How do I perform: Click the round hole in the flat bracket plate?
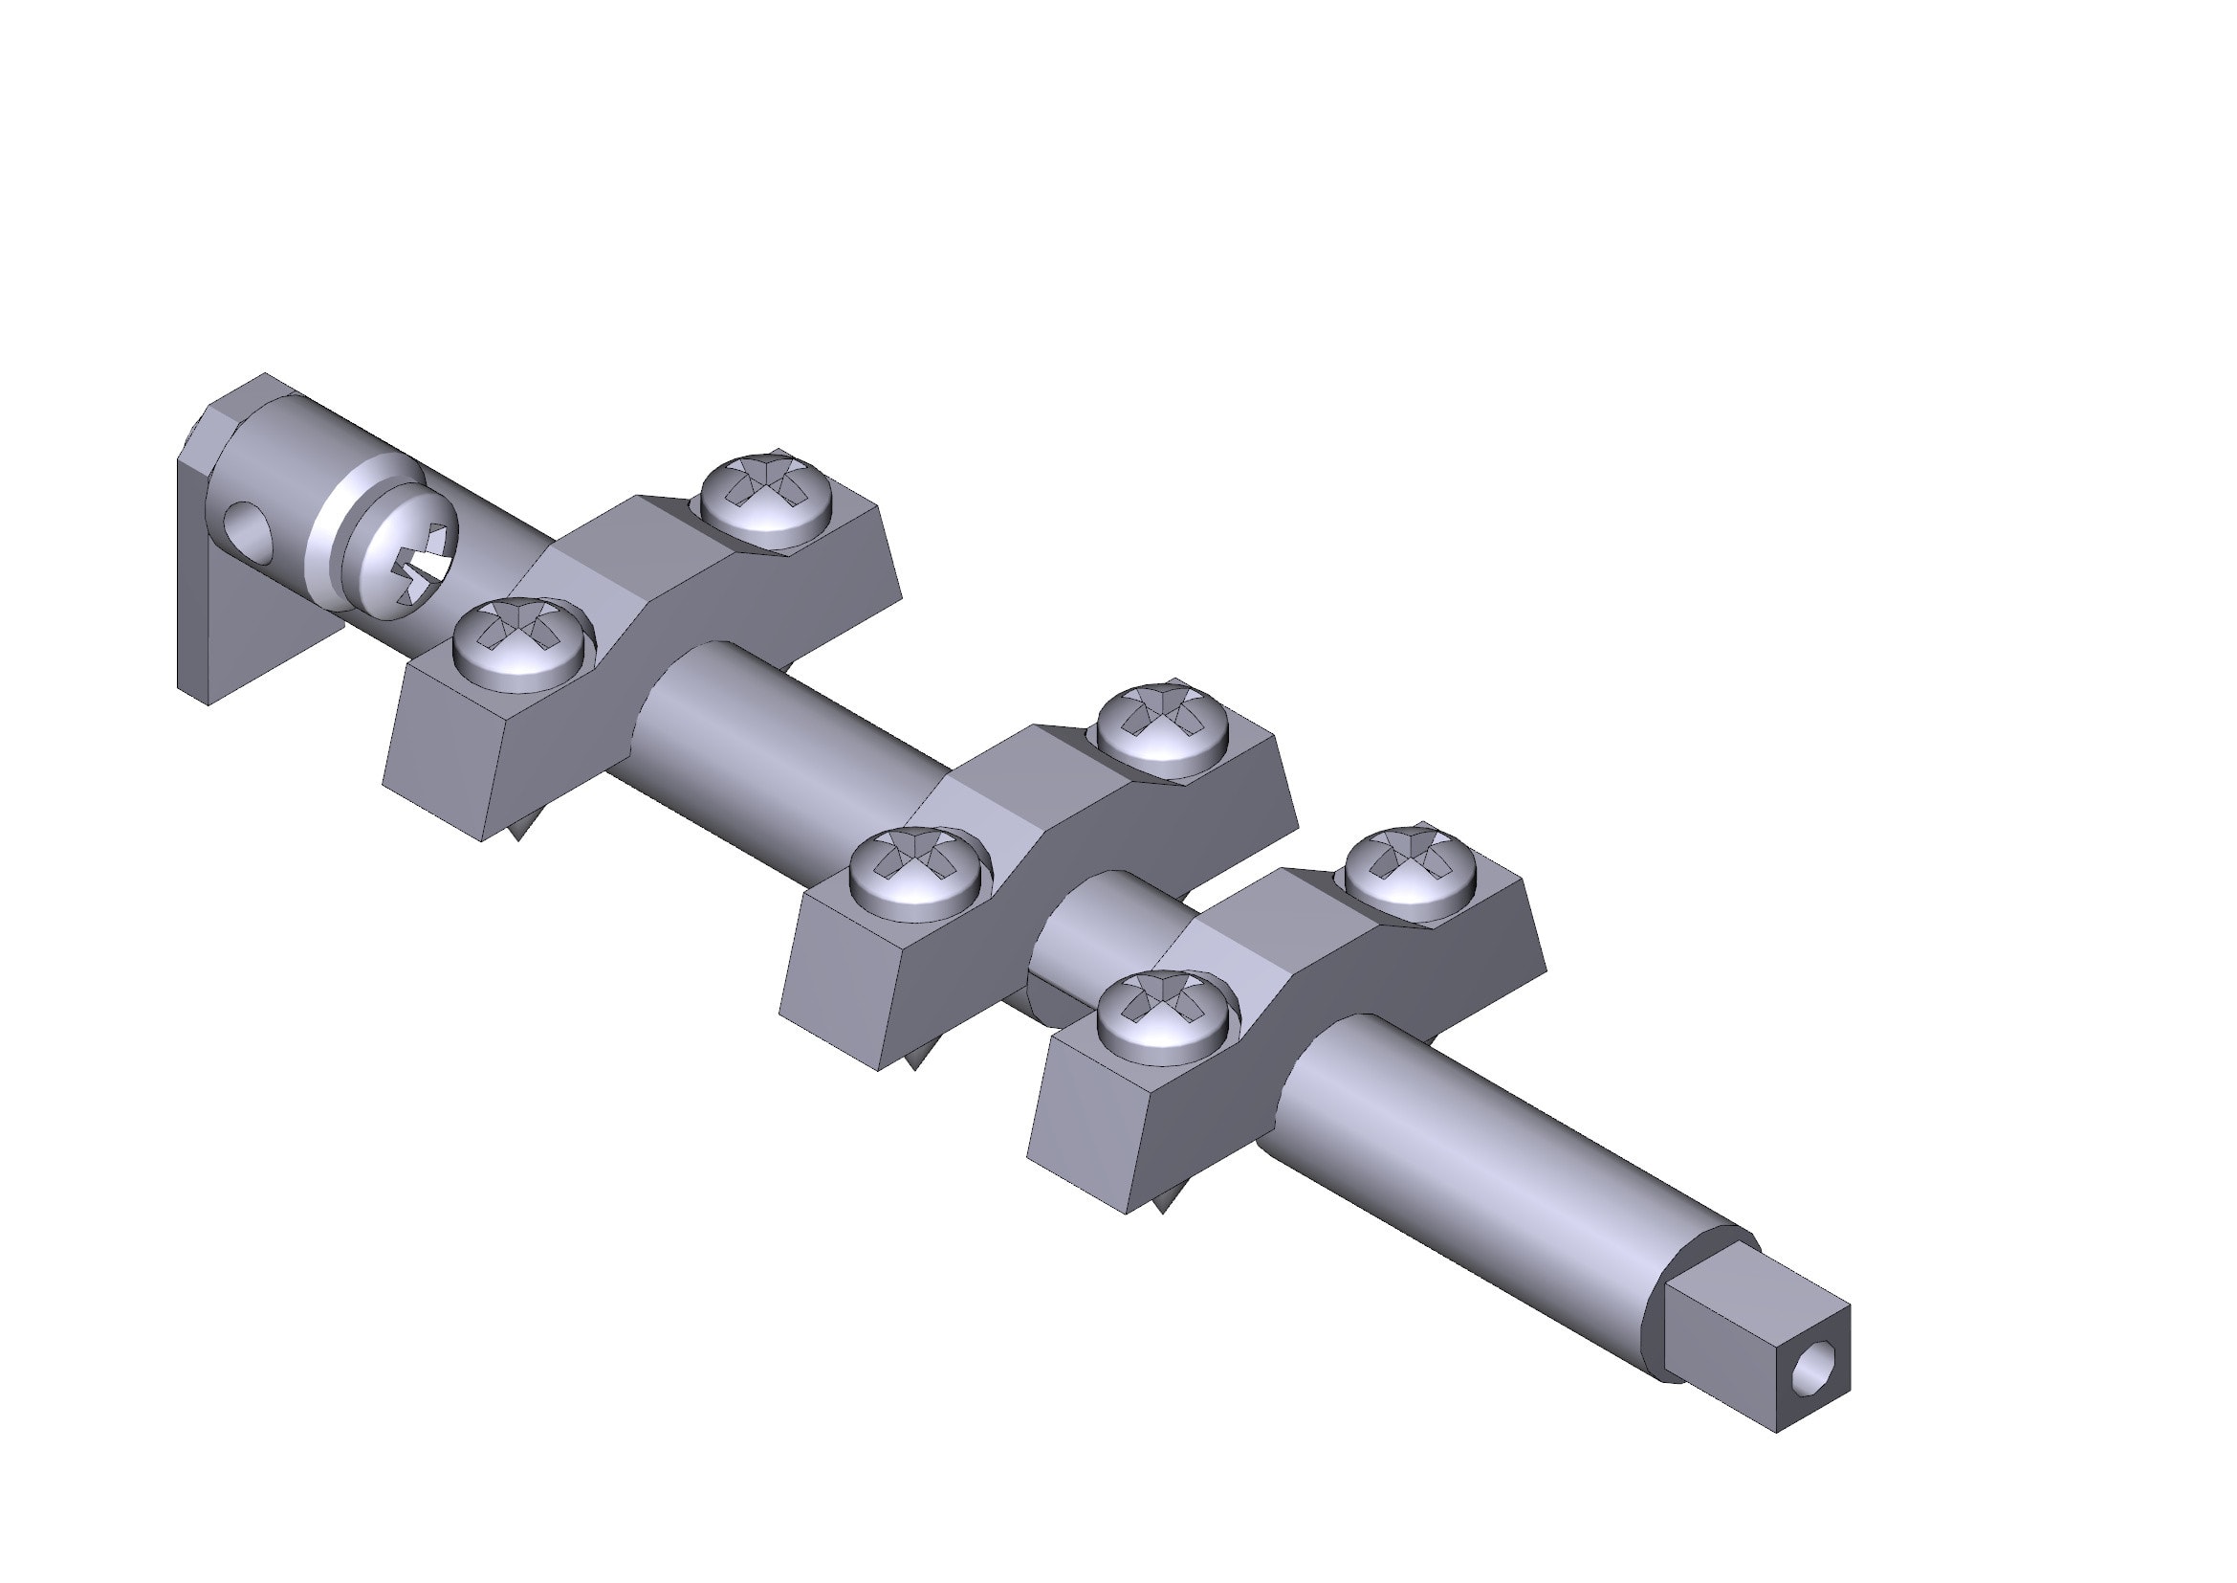[x=250, y=530]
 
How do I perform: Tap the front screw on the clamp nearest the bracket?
[x=524, y=643]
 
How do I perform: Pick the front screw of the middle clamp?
[x=919, y=872]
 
